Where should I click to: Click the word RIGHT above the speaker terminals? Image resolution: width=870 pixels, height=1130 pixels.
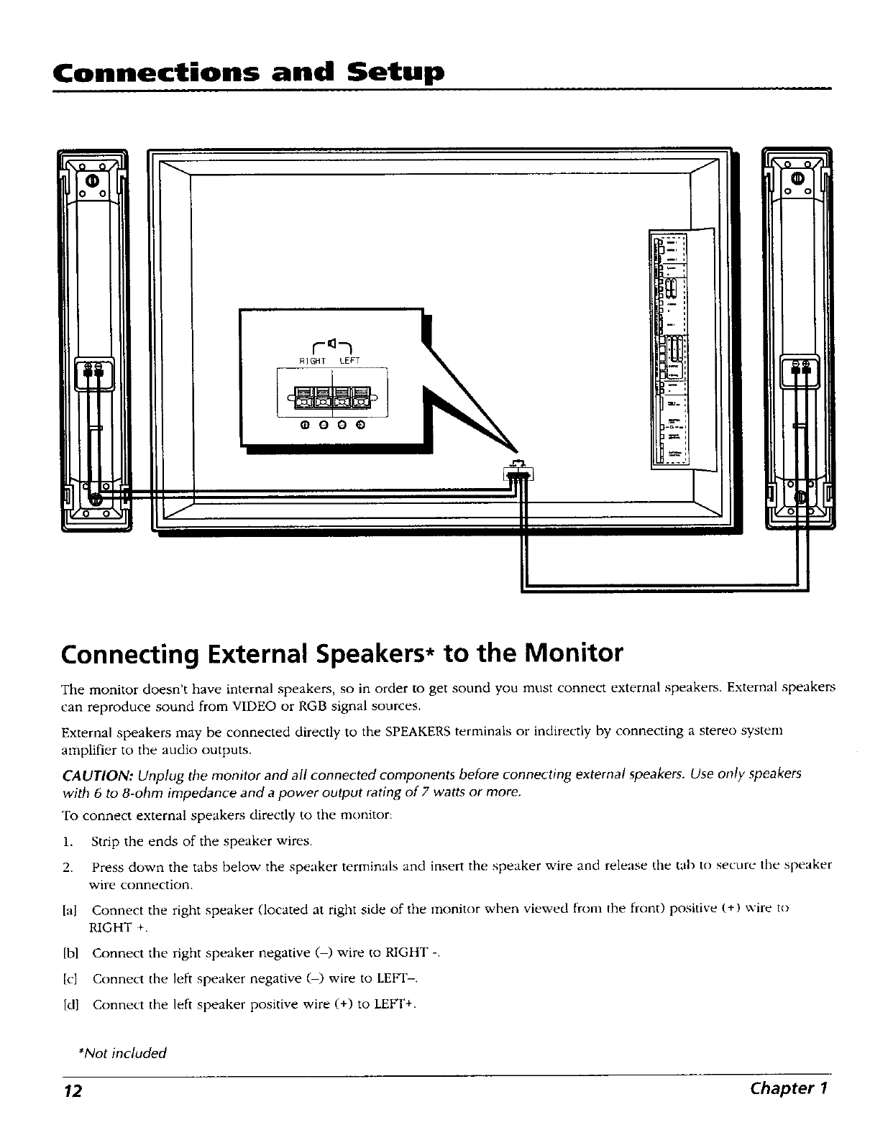pyautogui.click(x=313, y=360)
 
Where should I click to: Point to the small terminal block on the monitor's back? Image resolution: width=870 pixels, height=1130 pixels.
pyautogui.click(x=518, y=473)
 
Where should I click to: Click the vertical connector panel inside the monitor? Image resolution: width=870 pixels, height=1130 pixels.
pyautogui.click(x=670, y=349)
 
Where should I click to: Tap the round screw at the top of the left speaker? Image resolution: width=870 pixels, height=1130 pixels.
pyautogui.click(x=92, y=180)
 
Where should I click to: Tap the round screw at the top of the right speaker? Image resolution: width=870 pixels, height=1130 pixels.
pyautogui.click(x=798, y=178)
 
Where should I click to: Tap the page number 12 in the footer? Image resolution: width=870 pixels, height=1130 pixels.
pyautogui.click(x=72, y=1090)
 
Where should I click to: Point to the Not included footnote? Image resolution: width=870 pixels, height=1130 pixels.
pyautogui.click(x=122, y=1053)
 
